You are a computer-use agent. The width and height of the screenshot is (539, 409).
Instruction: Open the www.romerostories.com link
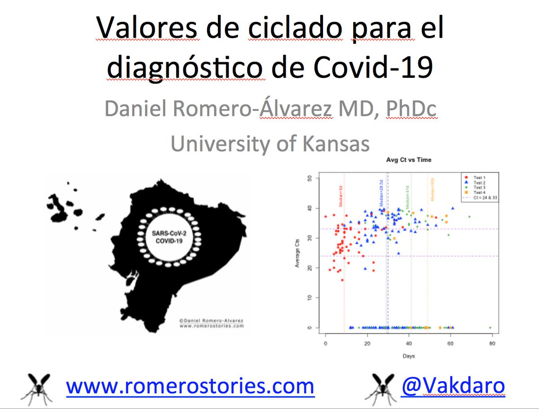coord(190,386)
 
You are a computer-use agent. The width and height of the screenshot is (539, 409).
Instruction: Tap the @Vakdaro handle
coord(453,386)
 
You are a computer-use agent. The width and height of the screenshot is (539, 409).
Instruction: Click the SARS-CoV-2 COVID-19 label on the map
coord(170,237)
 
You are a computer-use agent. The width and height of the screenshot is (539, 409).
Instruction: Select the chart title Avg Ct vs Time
coord(409,160)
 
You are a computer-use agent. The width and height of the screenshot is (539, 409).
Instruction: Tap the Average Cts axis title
coord(297,253)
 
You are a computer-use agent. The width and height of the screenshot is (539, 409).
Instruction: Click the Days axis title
coord(409,356)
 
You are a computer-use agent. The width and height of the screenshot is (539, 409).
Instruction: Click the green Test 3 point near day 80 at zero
coord(490,328)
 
